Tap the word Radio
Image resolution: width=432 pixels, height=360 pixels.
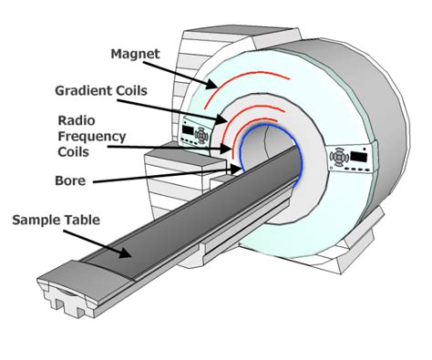pos(76,120)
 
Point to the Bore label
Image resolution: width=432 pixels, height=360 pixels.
pos(69,180)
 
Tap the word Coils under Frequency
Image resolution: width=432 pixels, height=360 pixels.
pos(76,151)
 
